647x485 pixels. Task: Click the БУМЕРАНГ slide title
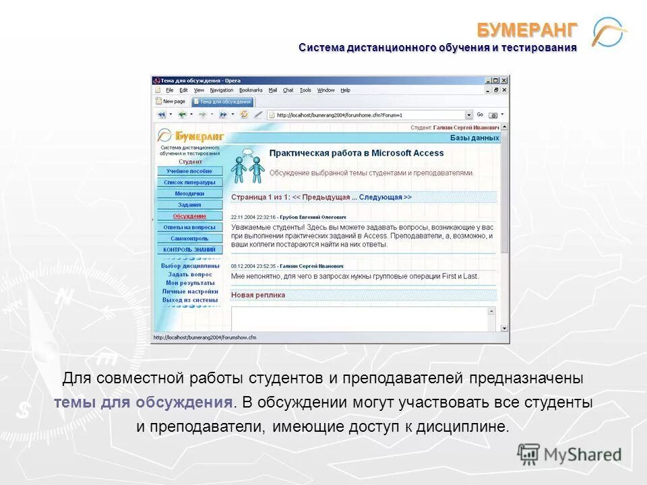[x=528, y=30]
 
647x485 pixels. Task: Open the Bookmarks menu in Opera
[x=251, y=90]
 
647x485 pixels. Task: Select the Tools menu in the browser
[x=305, y=90]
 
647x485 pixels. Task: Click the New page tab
[x=171, y=102]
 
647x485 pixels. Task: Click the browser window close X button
[x=504, y=81]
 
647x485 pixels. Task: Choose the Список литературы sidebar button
[x=189, y=183]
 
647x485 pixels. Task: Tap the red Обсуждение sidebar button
[x=189, y=216]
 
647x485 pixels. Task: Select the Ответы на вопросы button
[x=189, y=228]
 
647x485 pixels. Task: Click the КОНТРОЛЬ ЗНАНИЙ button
[x=189, y=250]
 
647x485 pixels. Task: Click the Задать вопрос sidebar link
[x=189, y=275]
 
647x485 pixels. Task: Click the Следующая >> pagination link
[x=385, y=197]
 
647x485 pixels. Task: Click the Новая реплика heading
[x=258, y=295]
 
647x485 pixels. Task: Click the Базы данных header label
[x=474, y=138]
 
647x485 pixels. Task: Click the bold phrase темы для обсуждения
[x=144, y=403]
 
